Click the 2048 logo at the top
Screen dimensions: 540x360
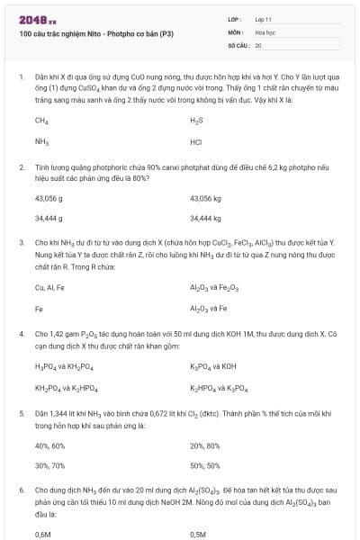pos(37,18)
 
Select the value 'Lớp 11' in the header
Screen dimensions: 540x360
pos(264,18)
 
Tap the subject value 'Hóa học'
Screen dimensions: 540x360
pos(265,31)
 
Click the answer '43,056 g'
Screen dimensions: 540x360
pos(49,197)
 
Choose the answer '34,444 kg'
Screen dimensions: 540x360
pos(205,219)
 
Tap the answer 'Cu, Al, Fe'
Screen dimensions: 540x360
pos(49,287)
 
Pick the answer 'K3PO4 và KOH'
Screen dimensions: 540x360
pos(213,366)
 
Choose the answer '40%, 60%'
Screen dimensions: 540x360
pos(49,445)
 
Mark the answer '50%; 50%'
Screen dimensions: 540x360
pos(205,466)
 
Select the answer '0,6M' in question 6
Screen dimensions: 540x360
pos(42,534)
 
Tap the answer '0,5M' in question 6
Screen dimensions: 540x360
pos(198,534)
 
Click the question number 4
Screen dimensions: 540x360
pos(22,334)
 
